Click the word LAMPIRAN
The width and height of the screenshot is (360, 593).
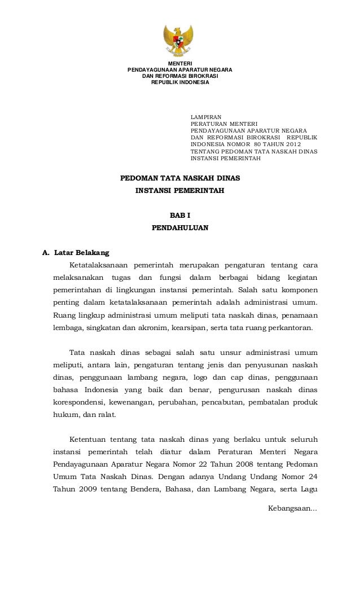click(207, 117)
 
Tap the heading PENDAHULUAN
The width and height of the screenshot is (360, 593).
click(180, 229)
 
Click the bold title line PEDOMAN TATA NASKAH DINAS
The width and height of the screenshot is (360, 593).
click(180, 178)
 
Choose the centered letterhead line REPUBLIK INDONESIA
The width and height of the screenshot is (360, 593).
click(180, 82)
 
